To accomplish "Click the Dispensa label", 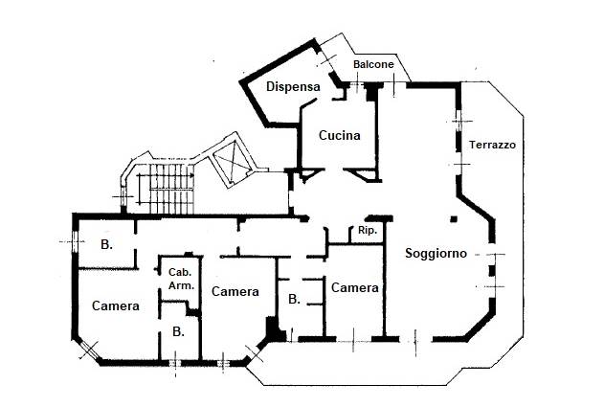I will [x=292, y=87].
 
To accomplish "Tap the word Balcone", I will [x=373, y=64].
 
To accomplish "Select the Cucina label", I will [x=339, y=135].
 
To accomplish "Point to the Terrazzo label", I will [x=493, y=146].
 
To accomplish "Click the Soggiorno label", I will [x=436, y=254].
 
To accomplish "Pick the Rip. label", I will [x=366, y=232].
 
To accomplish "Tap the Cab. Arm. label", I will [x=181, y=279].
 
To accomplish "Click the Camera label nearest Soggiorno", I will [x=354, y=287].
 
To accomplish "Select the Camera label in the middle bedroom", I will [x=235, y=291].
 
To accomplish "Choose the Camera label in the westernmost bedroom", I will [x=116, y=306].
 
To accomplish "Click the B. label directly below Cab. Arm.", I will [x=178, y=331].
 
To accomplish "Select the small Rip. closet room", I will [x=366, y=237].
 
